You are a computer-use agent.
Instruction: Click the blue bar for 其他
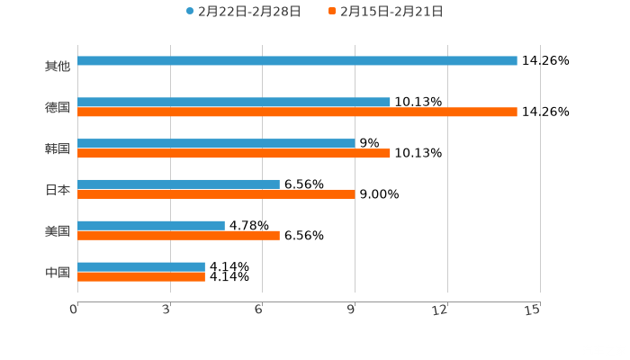click(297, 61)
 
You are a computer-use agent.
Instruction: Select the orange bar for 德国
click(297, 112)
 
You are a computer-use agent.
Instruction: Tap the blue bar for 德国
click(234, 102)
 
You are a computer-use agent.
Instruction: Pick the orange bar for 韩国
click(234, 154)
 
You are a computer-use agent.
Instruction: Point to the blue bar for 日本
click(178, 184)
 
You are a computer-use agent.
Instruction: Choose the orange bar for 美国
click(178, 236)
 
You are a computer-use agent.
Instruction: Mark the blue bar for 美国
click(151, 225)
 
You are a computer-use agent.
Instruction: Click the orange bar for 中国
click(141, 277)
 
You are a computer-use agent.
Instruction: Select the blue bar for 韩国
click(216, 143)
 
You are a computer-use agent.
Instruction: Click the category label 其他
click(58, 66)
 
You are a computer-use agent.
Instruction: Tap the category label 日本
click(58, 190)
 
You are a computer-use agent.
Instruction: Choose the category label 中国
click(58, 272)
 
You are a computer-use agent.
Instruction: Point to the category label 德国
click(58, 107)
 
